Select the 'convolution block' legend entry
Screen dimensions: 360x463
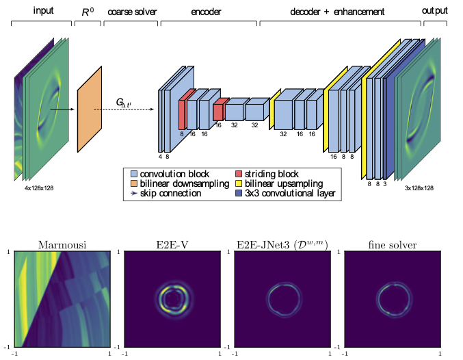(x=170, y=174)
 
